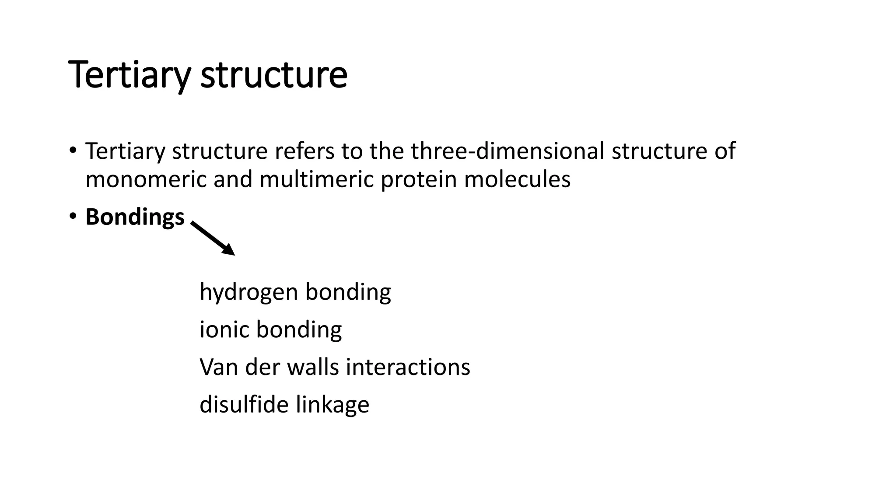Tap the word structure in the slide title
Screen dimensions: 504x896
click(274, 75)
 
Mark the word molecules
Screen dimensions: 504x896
click(517, 179)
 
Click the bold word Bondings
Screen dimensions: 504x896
click(135, 217)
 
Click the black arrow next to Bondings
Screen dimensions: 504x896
click(213, 238)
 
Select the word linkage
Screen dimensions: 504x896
click(332, 405)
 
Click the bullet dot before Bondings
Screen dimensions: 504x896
click(73, 216)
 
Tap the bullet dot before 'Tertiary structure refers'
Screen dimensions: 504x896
click(73, 150)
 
